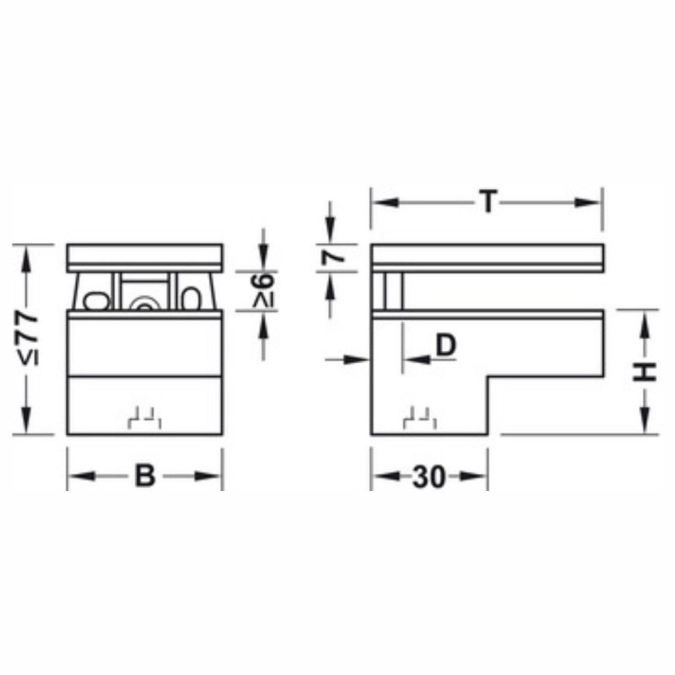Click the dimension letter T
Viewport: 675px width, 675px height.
(x=489, y=202)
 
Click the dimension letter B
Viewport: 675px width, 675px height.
(x=145, y=476)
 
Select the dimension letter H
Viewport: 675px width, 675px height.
(x=644, y=372)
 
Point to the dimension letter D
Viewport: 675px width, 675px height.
(x=445, y=345)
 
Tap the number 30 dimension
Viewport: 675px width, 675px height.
(x=429, y=477)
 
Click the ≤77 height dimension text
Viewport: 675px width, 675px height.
(x=30, y=340)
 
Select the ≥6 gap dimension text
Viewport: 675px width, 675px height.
(x=263, y=292)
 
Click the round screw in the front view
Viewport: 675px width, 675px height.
(x=144, y=305)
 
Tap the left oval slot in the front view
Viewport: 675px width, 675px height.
(x=96, y=301)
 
